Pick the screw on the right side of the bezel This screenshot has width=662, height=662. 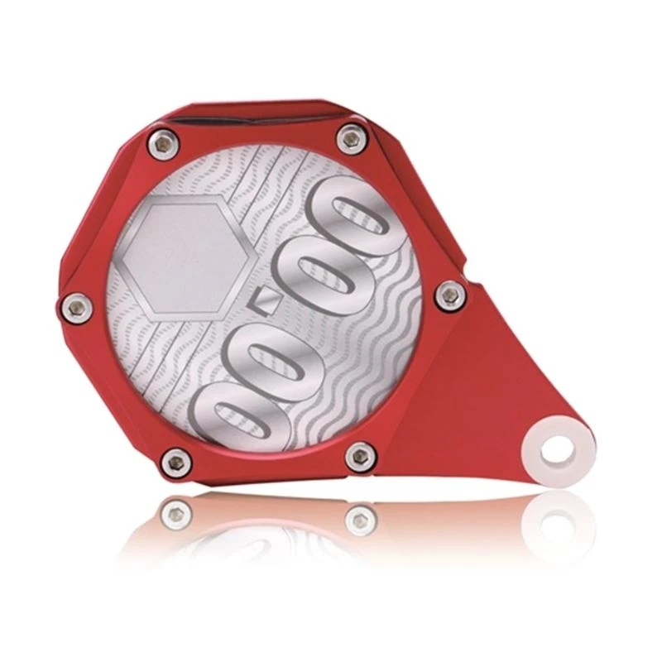point(449,290)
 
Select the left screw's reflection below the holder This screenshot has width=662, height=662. point(175,514)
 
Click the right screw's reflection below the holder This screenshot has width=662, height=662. point(361,520)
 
